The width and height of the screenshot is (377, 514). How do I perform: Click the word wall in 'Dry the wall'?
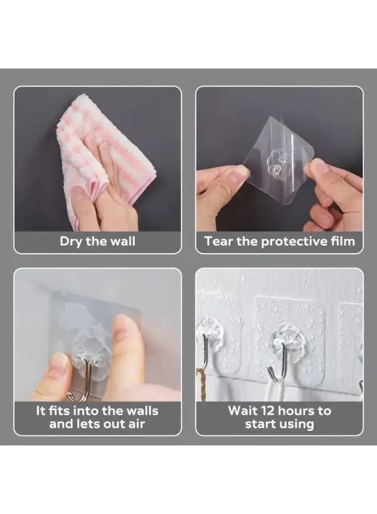click(122, 241)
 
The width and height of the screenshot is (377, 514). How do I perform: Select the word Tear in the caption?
click(218, 241)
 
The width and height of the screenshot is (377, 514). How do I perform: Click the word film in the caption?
click(340, 241)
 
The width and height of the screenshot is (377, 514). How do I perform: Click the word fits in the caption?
click(61, 410)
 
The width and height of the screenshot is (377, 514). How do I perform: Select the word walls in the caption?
click(140, 410)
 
